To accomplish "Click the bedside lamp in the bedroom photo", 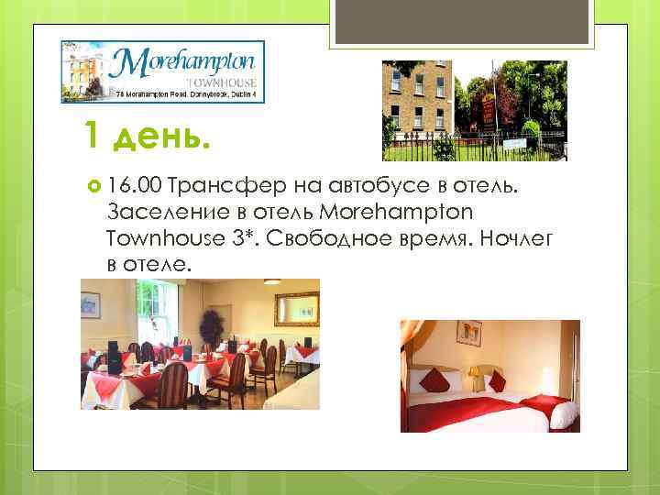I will (x=475, y=373).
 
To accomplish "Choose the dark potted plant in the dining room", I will (x=213, y=325).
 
